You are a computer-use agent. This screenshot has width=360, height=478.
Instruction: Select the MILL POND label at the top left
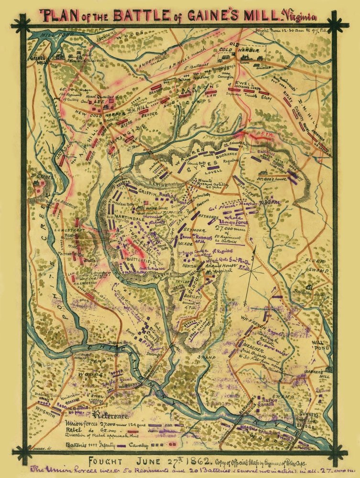(x=47, y=35)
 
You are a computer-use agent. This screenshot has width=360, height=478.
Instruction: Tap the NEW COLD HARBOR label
(x=99, y=112)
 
